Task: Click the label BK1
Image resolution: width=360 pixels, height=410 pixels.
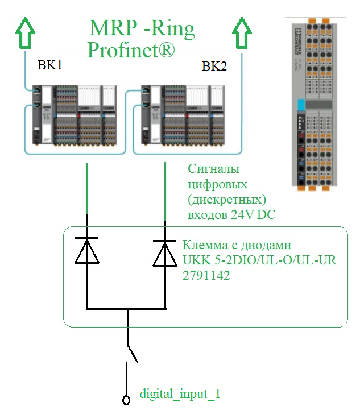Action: [49, 65]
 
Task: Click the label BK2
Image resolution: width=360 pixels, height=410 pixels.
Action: [214, 67]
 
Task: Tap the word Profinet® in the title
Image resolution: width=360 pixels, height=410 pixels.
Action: [131, 50]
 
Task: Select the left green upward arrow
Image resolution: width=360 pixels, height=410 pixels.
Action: [25, 33]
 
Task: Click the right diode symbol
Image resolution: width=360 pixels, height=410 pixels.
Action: [165, 251]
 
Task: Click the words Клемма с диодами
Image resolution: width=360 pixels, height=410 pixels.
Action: [237, 246]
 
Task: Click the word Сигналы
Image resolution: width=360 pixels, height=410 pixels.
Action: [213, 169]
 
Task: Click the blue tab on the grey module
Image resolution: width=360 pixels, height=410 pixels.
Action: [302, 105]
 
